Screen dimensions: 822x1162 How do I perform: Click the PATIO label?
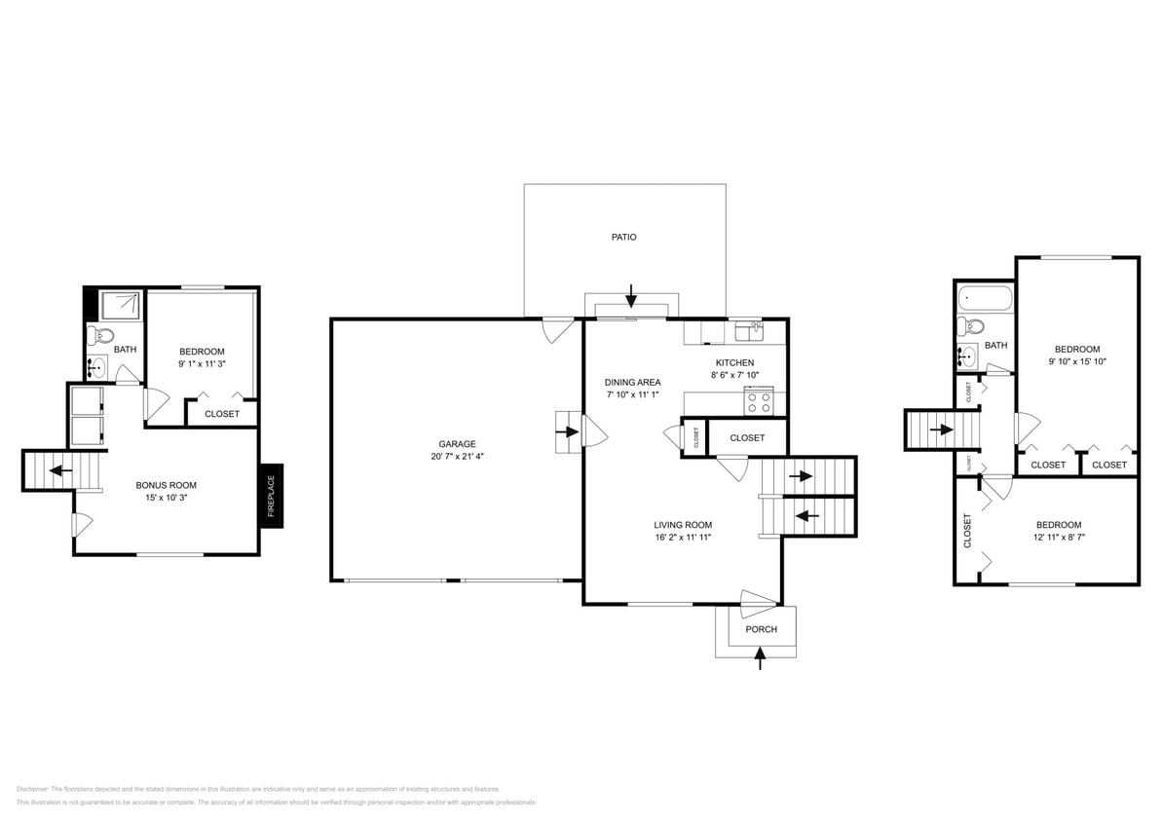coord(623,237)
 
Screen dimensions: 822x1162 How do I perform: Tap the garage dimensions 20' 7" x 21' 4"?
coord(456,457)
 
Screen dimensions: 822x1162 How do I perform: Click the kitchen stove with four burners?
coord(759,401)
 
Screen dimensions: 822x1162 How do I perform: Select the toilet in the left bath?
coord(94,336)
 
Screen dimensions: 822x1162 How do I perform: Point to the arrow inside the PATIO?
coord(631,293)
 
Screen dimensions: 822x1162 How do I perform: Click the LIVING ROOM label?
coord(683,524)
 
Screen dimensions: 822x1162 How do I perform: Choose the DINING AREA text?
coord(633,382)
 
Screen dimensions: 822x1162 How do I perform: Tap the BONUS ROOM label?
coord(166,484)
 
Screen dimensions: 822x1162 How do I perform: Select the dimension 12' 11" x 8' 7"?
coord(1058,537)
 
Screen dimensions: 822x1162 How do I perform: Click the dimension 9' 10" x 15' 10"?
coord(1077,361)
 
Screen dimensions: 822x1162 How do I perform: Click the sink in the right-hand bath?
coord(967,355)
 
